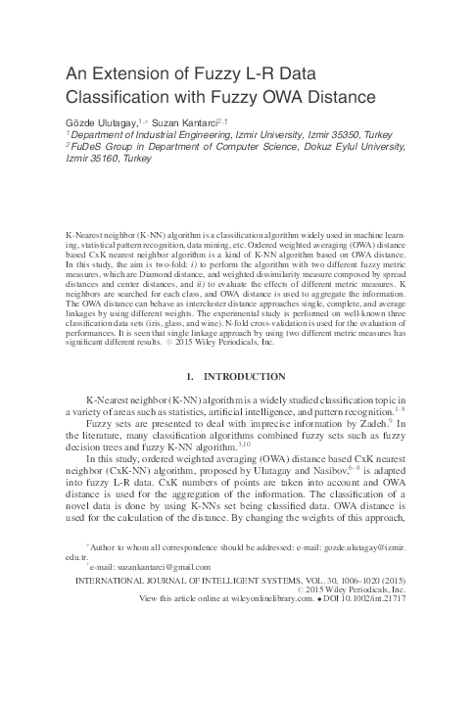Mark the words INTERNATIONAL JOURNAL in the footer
(126, 579)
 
